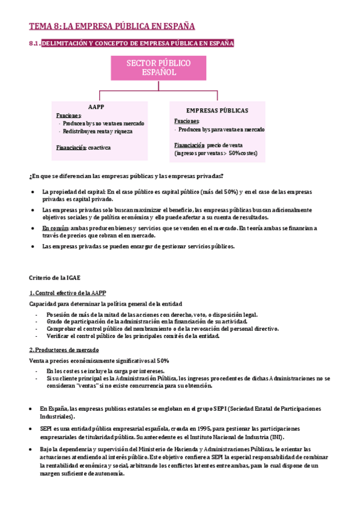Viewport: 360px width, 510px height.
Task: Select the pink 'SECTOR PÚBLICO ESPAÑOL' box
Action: pyautogui.click(x=159, y=68)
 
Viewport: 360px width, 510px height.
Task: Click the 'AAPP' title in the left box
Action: pyautogui.click(x=96, y=107)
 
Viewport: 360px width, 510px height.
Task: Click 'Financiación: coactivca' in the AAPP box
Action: pyautogui.click(x=84, y=147)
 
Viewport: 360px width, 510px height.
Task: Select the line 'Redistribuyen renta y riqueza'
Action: pyautogui.click(x=97, y=131)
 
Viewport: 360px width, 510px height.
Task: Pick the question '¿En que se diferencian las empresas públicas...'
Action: pyautogui.click(x=126, y=176)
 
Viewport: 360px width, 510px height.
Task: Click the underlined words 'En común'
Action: pyautogui.click(x=55, y=229)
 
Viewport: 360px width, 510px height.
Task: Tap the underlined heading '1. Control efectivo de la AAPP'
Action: pyautogui.click(x=67, y=293)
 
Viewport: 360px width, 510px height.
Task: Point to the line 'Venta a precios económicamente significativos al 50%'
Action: pyautogui.click(x=99, y=360)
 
